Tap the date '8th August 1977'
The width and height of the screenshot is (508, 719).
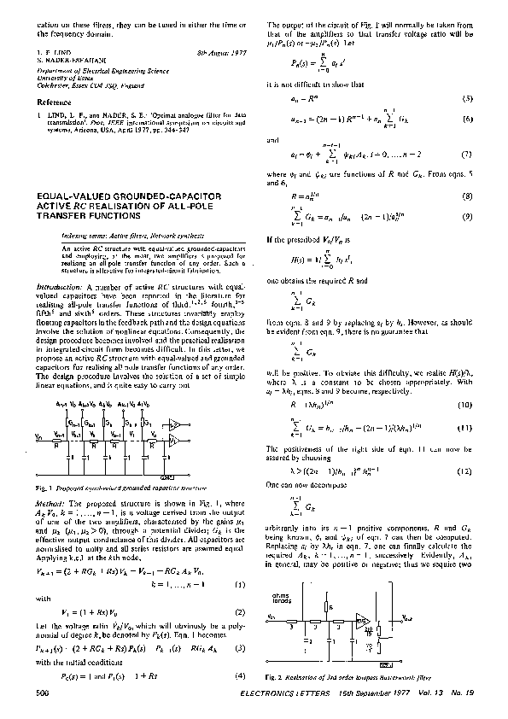[219, 53]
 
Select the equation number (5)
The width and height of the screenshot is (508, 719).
[468, 99]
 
